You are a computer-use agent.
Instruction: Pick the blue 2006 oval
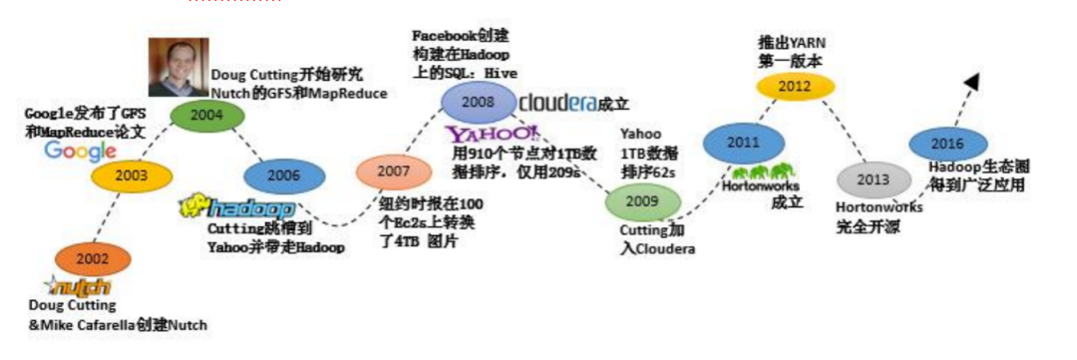coord(284,176)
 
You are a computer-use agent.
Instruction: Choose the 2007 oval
coord(393,173)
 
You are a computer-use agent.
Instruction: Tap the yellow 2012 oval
coord(795,86)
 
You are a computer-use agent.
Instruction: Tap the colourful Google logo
coord(81,151)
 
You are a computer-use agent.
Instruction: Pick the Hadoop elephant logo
coord(236,208)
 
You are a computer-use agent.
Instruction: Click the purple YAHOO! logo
coord(493,135)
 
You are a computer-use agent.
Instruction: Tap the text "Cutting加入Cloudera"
coord(651,240)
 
